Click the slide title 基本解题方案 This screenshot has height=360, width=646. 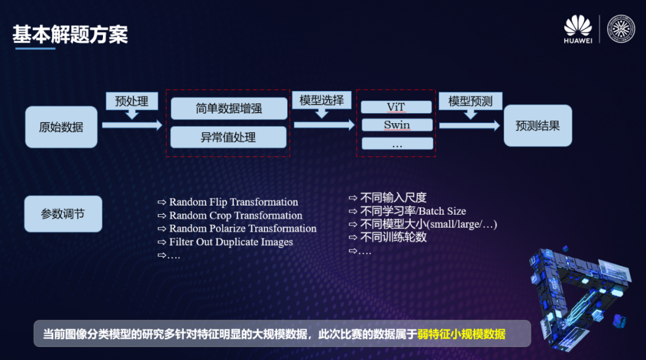70,34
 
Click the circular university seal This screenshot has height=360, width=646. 621,29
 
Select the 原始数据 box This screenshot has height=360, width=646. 61,127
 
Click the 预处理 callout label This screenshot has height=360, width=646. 131,101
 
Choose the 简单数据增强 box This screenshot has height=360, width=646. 228,109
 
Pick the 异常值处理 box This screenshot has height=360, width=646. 228,137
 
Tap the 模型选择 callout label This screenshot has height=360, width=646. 322,100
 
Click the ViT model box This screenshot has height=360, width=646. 396,107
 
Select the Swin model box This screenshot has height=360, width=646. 396,125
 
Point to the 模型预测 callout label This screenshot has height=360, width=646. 470,101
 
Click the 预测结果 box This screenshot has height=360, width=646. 537,126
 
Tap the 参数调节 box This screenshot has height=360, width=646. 63,214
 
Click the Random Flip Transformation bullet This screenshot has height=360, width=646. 233,202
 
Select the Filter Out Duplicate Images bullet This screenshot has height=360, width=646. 231,242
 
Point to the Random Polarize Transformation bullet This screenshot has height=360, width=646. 242,228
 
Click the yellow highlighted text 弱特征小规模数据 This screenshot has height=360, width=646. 461,334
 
